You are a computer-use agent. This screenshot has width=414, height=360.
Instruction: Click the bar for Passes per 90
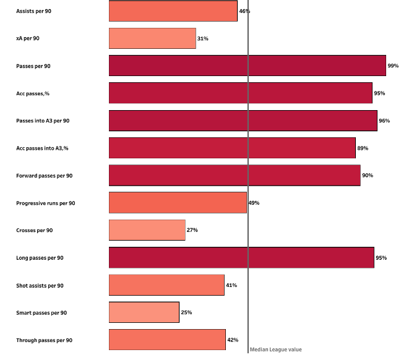point(247,66)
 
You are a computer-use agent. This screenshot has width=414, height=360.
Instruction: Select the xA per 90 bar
point(152,38)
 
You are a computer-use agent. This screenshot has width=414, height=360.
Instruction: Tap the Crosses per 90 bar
point(147,230)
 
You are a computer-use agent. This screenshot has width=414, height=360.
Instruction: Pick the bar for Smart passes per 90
point(144,312)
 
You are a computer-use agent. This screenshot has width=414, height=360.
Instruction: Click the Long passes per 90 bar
point(241,257)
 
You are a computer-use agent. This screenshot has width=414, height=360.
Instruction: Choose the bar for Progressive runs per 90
point(178,203)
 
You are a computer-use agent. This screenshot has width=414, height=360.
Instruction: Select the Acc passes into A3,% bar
point(232,148)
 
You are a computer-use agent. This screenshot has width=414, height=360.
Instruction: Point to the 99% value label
point(393,66)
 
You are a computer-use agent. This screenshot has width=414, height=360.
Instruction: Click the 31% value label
point(202,38)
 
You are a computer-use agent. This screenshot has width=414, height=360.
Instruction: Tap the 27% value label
point(192,230)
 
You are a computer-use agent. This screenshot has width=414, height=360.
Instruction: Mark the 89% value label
point(363,148)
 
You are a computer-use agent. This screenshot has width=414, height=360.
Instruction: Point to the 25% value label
point(186,312)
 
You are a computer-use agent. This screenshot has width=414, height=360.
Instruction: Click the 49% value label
point(254,203)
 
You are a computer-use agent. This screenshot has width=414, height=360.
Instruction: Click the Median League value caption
point(275,349)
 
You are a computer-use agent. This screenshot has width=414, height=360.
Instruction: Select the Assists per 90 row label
point(33,11)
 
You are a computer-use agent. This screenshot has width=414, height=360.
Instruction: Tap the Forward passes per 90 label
point(44,176)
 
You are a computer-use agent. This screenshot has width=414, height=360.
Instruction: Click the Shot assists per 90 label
point(40,285)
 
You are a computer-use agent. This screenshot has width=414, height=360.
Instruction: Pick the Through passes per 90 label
point(44,340)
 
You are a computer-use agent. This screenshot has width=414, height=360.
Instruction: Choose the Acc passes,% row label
point(33,93)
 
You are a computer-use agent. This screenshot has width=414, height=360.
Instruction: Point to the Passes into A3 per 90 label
point(43,121)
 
